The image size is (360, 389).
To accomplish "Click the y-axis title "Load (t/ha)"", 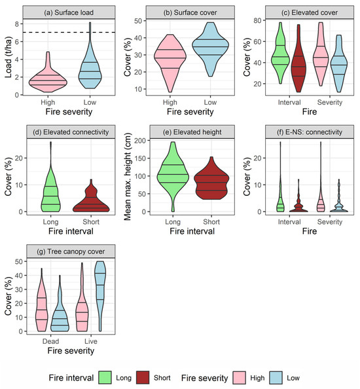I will coord(8,59).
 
